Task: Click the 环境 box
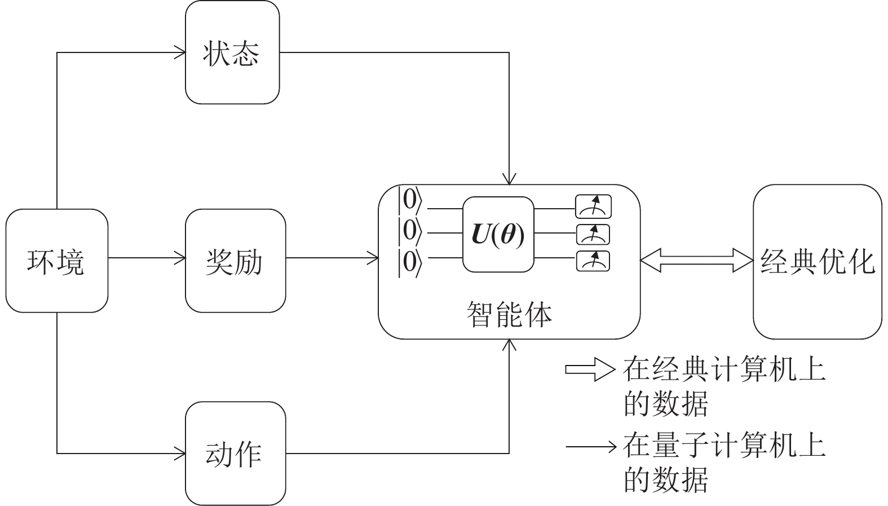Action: [x=56, y=261]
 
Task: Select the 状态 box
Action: [x=232, y=52]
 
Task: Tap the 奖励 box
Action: [x=235, y=261]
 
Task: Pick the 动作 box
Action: [x=235, y=453]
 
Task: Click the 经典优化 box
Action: [x=817, y=261]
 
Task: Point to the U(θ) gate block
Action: [x=498, y=235]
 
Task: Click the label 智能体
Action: [x=509, y=314]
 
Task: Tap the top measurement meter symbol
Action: [x=593, y=207]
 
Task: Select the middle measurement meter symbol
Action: [x=593, y=234]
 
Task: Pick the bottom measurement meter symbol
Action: [x=593, y=261]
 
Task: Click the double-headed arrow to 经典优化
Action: [x=697, y=261]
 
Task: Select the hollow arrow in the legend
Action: [x=590, y=370]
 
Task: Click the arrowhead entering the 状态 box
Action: [x=180, y=53]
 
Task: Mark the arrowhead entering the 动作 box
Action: [x=180, y=453]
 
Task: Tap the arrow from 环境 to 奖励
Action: [x=147, y=259]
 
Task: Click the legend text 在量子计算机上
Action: [x=724, y=446]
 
